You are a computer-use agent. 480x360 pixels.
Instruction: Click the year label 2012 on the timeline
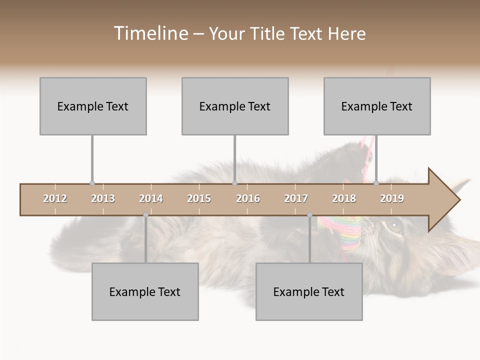pyautogui.click(x=55, y=198)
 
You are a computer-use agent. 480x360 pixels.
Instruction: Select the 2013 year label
pyautogui.click(x=103, y=198)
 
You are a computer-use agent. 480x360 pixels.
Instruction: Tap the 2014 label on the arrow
pyautogui.click(x=151, y=198)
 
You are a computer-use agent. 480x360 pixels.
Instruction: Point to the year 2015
pyautogui.click(x=199, y=198)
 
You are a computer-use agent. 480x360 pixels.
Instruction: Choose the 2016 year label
pyautogui.click(x=248, y=198)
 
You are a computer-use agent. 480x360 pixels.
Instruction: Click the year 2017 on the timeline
pyautogui.click(x=296, y=198)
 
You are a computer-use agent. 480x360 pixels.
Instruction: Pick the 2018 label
pyautogui.click(x=344, y=198)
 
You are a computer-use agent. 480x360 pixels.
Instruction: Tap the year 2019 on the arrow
pyautogui.click(x=392, y=198)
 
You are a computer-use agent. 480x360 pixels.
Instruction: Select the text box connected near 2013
pyautogui.click(x=93, y=106)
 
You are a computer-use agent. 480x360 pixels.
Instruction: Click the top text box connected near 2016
pyautogui.click(x=235, y=106)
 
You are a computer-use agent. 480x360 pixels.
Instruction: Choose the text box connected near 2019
pyautogui.click(x=377, y=106)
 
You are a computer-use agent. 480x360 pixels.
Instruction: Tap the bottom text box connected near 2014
pyautogui.click(x=145, y=291)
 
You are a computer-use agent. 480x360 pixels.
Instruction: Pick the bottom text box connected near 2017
pyautogui.click(x=309, y=291)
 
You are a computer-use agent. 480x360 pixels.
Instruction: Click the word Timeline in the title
pyautogui.click(x=150, y=33)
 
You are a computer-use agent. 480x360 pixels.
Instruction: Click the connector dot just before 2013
pyautogui.click(x=92, y=183)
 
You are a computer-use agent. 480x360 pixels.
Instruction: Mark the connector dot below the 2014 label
pyautogui.click(x=145, y=215)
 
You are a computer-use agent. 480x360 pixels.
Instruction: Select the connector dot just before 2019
pyautogui.click(x=376, y=183)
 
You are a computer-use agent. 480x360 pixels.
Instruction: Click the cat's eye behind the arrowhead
pyautogui.click(x=394, y=225)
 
